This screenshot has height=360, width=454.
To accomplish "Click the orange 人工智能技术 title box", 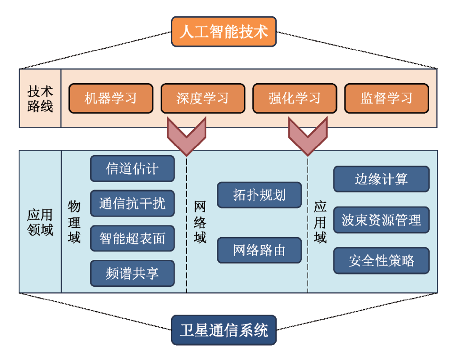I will click(224, 32).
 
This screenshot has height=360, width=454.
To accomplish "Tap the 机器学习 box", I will click(111, 98).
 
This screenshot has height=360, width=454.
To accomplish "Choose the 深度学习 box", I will click(203, 98).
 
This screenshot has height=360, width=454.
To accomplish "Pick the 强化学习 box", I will click(294, 98).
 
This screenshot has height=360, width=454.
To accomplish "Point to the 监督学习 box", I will click(386, 98).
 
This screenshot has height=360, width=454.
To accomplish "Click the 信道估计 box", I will click(132, 169).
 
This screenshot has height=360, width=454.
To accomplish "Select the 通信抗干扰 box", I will click(132, 204).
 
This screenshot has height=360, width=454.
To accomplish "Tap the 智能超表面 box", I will click(132, 238).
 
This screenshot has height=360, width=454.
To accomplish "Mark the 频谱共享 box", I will click(132, 273).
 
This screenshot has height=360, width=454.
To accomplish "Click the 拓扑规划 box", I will click(259, 195).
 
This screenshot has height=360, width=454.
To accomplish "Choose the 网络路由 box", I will click(259, 250).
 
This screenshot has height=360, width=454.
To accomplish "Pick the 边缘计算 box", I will click(381, 179).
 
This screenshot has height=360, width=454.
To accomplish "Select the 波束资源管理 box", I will click(381, 220).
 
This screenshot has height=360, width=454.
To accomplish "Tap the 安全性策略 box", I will click(381, 261).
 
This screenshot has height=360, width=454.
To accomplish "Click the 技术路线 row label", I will click(40, 98).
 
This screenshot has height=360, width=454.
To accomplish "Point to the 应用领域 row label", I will click(40, 222).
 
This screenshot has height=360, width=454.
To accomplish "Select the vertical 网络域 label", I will click(200, 222).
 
